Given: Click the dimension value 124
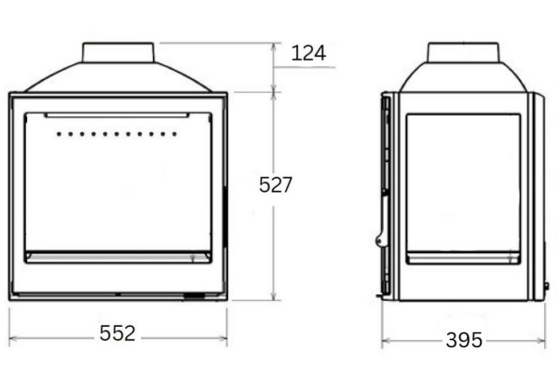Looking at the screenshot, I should [308, 53].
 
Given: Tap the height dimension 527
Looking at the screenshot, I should [276, 185].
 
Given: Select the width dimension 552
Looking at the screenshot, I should [118, 333].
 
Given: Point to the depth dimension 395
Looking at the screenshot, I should [464, 340].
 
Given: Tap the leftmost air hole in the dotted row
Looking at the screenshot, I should [59, 134].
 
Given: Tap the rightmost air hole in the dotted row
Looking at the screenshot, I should [175, 134].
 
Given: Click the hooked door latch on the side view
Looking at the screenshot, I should [381, 238].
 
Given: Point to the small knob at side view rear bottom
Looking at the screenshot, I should [546, 285].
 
